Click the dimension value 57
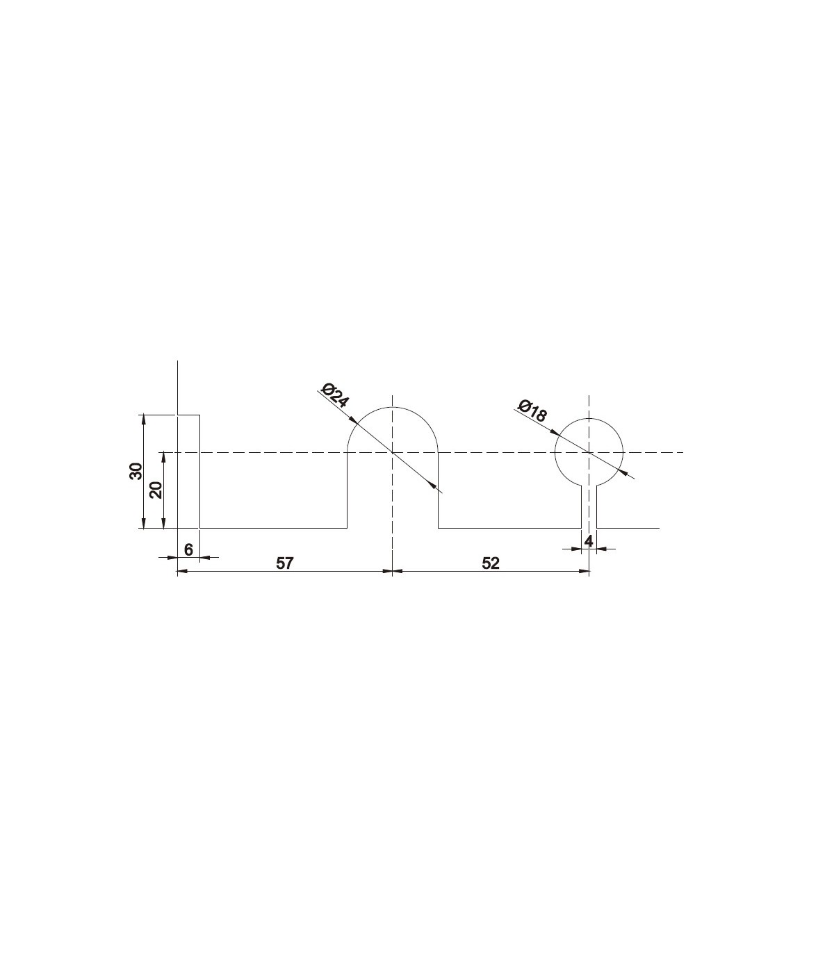click(x=285, y=563)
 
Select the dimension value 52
click(x=491, y=563)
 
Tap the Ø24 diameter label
click(x=335, y=395)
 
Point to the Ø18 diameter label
click(x=532, y=411)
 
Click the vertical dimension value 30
click(x=136, y=471)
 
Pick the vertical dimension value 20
click(x=156, y=490)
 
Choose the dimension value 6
click(x=188, y=549)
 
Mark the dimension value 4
click(x=589, y=541)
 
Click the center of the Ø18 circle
click(x=589, y=452)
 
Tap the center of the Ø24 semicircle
click(x=392, y=452)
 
